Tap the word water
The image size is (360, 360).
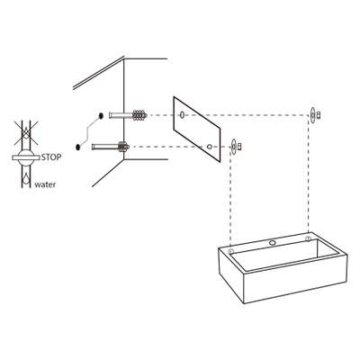pos(45,188)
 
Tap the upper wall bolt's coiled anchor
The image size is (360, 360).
pos(138,115)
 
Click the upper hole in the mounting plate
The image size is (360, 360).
pos(183,115)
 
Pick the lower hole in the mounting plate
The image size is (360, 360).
pos(209,145)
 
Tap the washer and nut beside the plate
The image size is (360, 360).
pos(236,145)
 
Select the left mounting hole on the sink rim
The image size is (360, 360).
pos(232,247)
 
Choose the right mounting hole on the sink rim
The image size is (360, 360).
pos(309,239)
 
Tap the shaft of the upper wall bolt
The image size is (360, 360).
pos(119,115)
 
